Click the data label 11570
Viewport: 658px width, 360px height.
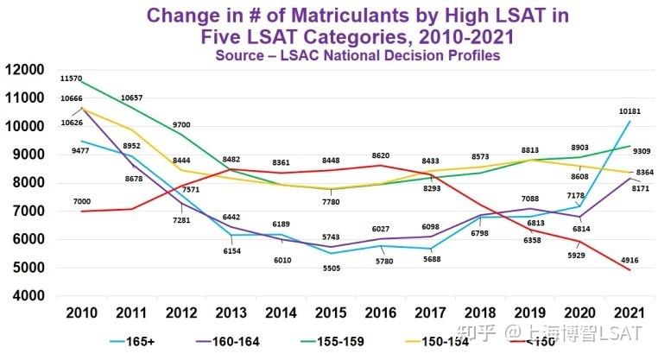pyautogui.click(x=72, y=79)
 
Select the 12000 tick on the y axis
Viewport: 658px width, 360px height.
pyautogui.click(x=25, y=70)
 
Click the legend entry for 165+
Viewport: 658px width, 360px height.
pyautogui.click(x=144, y=341)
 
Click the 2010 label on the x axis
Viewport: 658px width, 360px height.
pyautogui.click(x=80, y=312)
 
